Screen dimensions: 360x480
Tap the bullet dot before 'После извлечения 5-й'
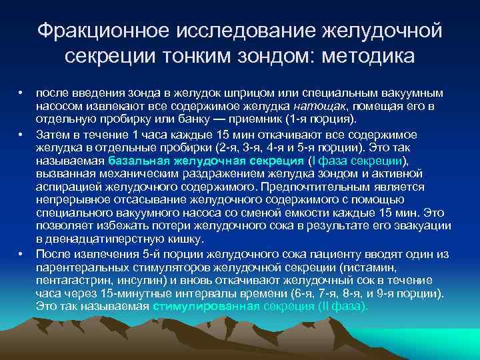tap(21, 255)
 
